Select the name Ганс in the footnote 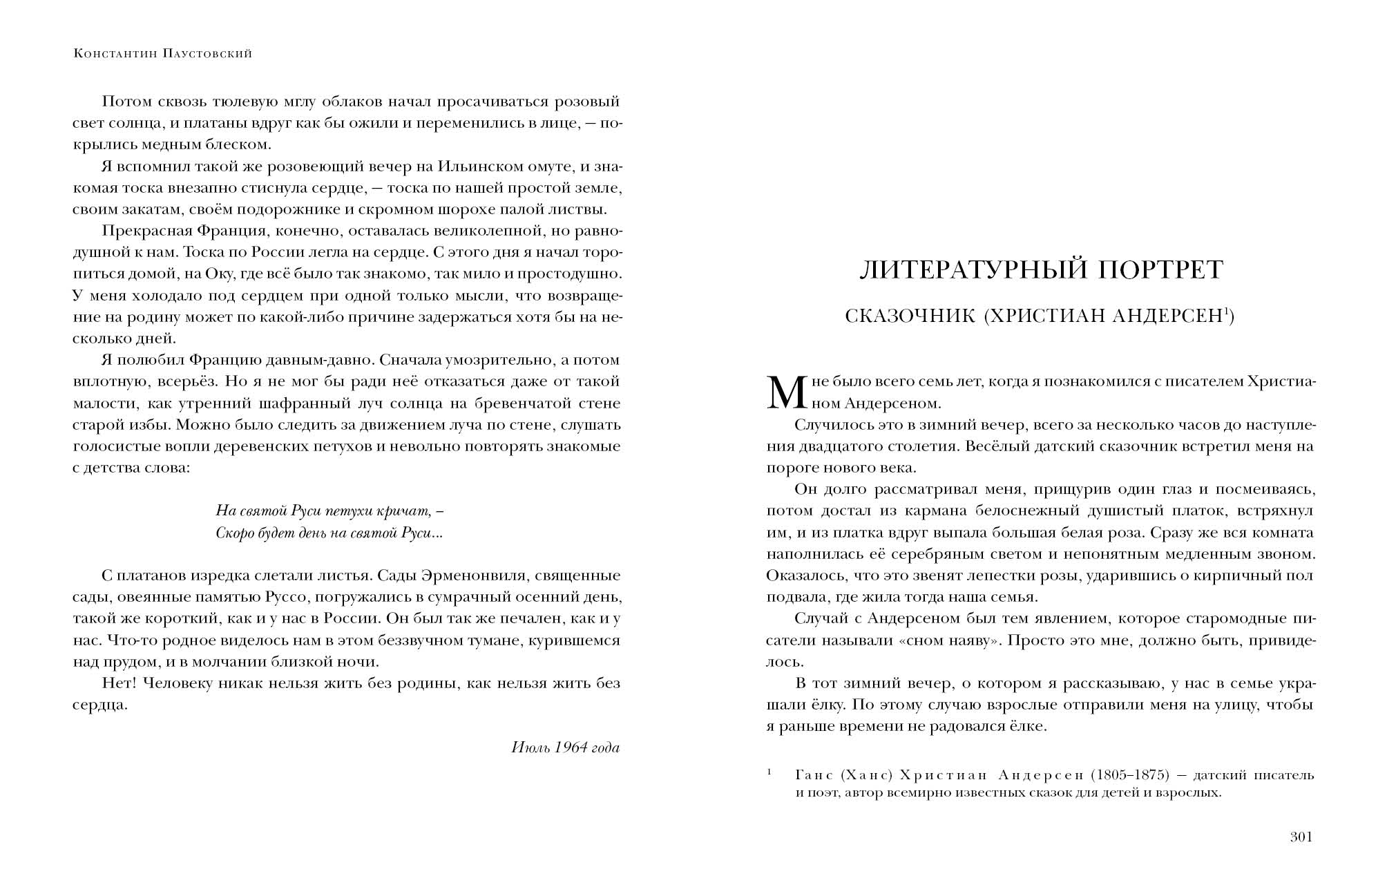(x=813, y=775)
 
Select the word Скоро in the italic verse (x=233, y=533)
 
